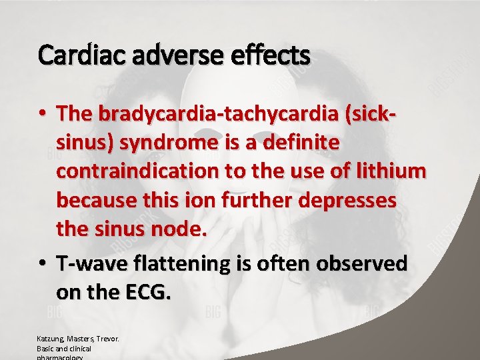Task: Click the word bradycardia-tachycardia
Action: (x=219, y=114)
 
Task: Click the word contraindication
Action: (x=137, y=171)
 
